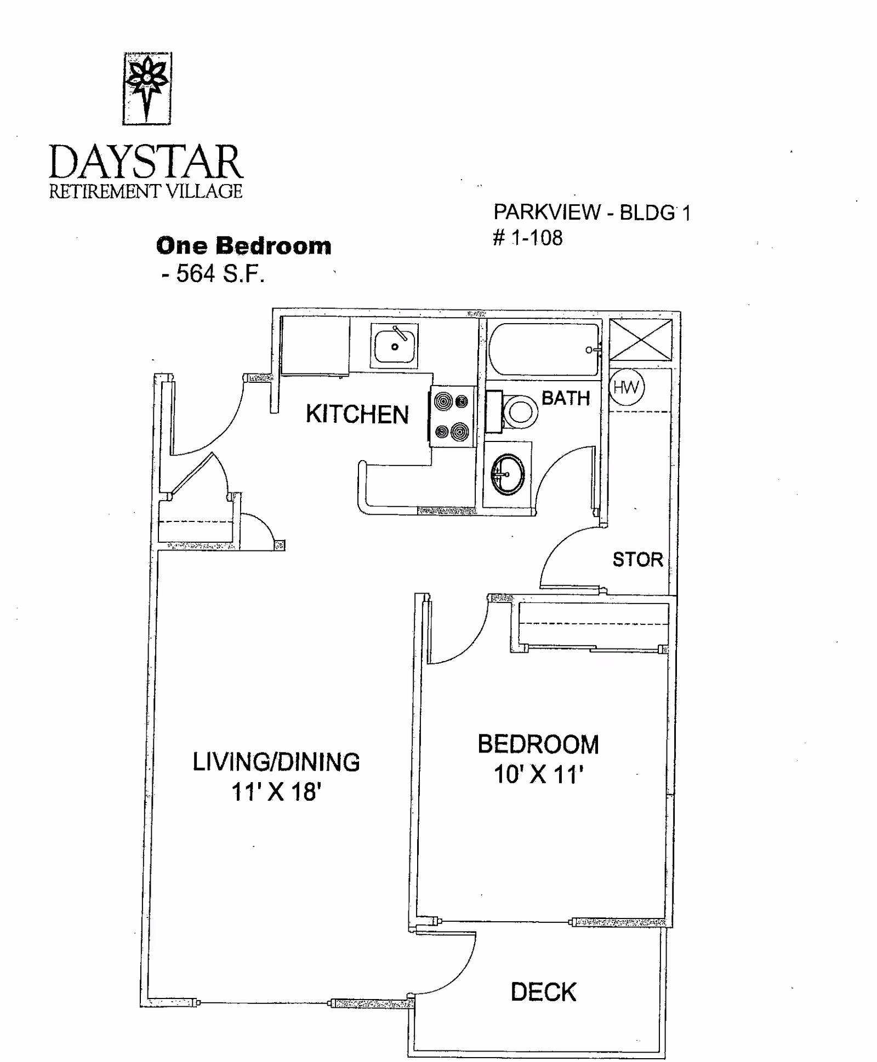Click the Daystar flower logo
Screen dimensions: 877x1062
[147, 88]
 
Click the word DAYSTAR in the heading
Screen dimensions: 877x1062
[146, 162]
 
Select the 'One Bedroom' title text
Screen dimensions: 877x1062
[244, 246]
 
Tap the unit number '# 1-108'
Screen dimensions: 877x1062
[528, 238]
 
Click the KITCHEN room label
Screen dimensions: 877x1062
[357, 415]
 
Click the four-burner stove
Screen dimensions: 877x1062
[453, 416]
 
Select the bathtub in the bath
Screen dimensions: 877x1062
[544, 350]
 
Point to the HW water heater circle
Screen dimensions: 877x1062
[627, 387]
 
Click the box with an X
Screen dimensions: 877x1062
[641, 340]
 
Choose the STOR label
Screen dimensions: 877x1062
[638, 560]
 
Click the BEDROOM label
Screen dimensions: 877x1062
[538, 744]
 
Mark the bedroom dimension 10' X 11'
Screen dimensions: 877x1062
[538, 774]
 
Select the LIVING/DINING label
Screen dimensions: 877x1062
[276, 762]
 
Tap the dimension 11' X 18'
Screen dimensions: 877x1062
[276, 793]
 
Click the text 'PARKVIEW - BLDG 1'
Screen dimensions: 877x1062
[593, 213]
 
